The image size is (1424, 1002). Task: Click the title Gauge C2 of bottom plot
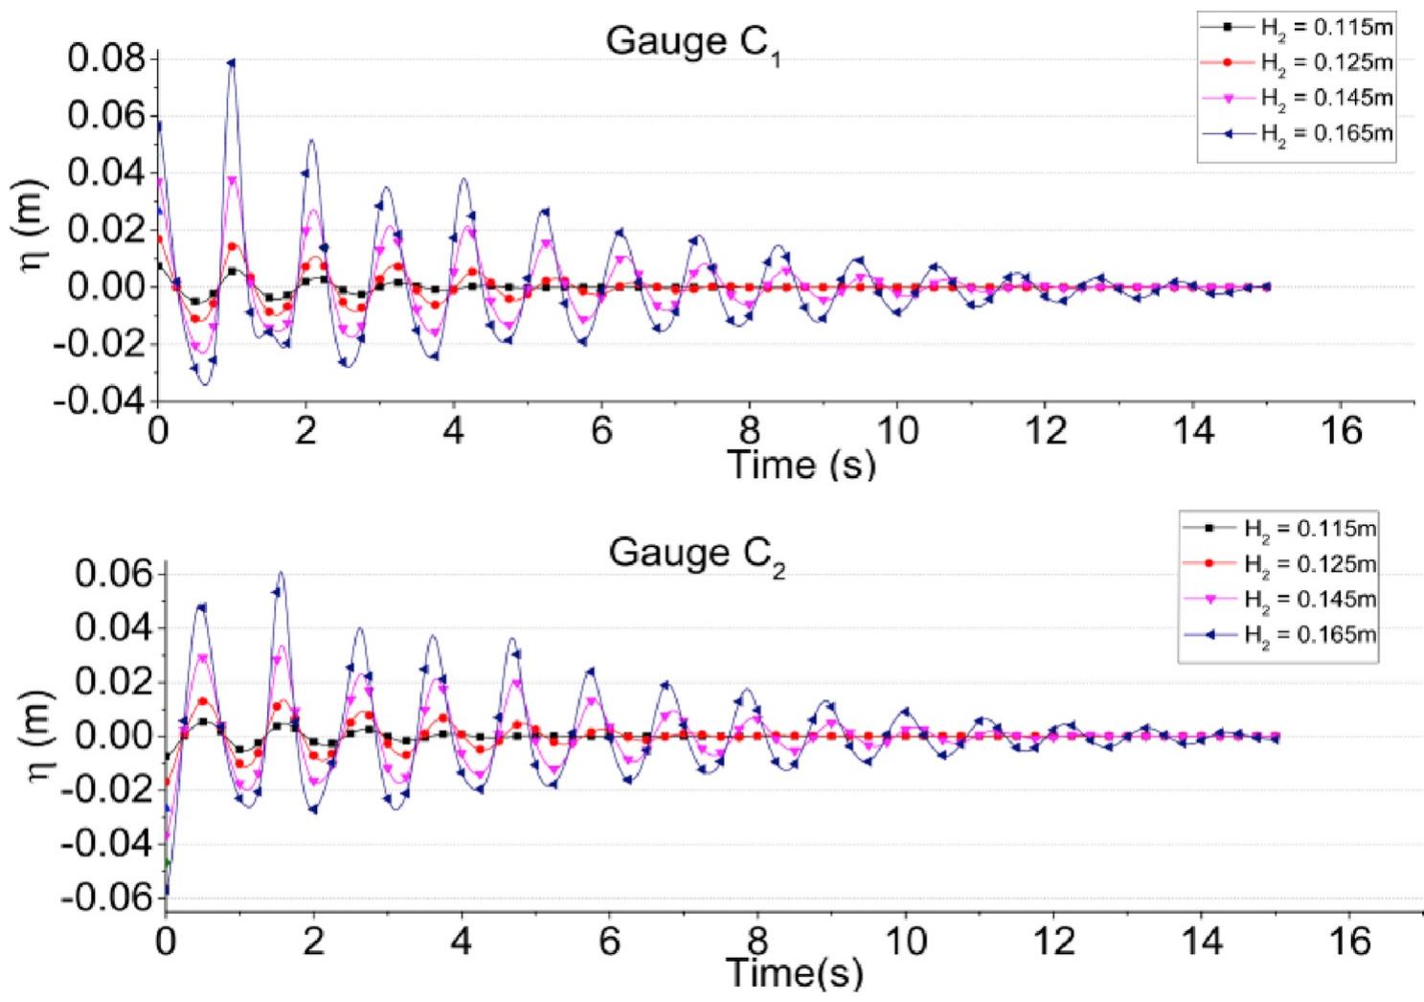point(696,555)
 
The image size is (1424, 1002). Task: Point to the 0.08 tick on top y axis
point(106,59)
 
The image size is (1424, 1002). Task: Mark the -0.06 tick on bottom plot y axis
point(106,898)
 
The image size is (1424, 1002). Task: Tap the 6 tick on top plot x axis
point(601,432)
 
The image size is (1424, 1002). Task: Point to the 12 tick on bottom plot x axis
point(1053,942)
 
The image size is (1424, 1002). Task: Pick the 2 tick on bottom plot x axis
point(313,942)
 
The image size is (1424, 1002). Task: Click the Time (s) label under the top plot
point(802,465)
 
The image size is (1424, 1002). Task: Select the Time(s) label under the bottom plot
point(794,973)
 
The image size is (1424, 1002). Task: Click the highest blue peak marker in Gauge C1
point(230,63)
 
